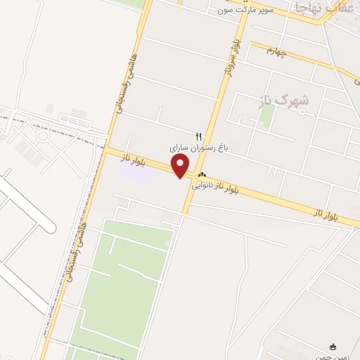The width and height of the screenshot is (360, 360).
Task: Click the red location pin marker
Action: [181, 166]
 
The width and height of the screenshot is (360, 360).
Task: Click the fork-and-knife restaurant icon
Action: [198, 136]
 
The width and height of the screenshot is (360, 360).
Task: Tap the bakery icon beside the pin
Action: [202, 174]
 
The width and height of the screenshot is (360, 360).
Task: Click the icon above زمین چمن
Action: [333, 347]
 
